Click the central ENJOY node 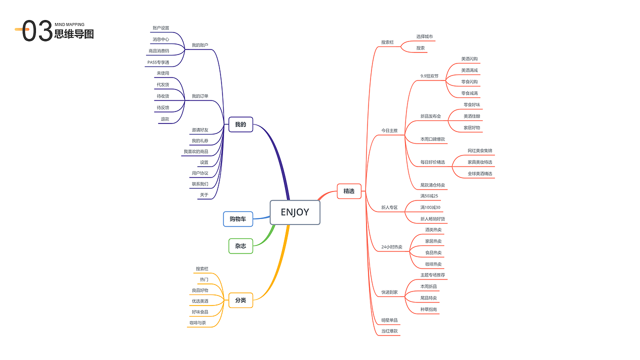click(295, 212)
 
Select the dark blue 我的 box click(240, 124)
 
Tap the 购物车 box click(238, 219)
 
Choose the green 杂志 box click(240, 246)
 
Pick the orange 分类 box click(240, 300)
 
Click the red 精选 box click(349, 191)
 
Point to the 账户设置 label click(161, 28)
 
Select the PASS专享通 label click(158, 62)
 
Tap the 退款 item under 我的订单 click(165, 119)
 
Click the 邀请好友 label click(200, 130)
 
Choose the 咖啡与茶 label click(197, 323)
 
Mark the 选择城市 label click(424, 36)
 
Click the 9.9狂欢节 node click(429, 76)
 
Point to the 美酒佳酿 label click(471, 116)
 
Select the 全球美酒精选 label click(480, 173)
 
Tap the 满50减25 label click(429, 195)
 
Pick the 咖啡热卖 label click(433, 264)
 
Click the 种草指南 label click(429, 309)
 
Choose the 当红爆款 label click(389, 330)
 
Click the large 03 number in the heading click(37, 31)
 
